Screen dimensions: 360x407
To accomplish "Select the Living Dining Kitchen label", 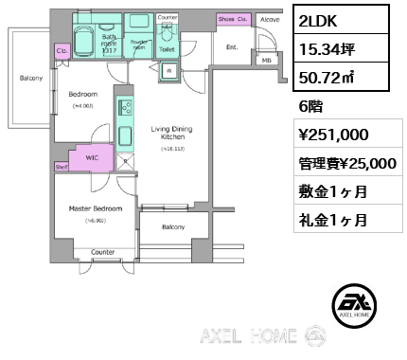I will click(x=170, y=133).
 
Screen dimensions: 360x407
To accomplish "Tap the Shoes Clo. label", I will click(x=232, y=18).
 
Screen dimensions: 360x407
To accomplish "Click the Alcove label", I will click(x=270, y=18).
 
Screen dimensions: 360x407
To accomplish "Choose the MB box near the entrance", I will click(x=265, y=61).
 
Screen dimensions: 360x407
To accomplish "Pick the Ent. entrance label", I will click(x=232, y=46).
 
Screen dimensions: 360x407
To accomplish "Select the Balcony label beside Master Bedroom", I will click(x=172, y=226).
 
